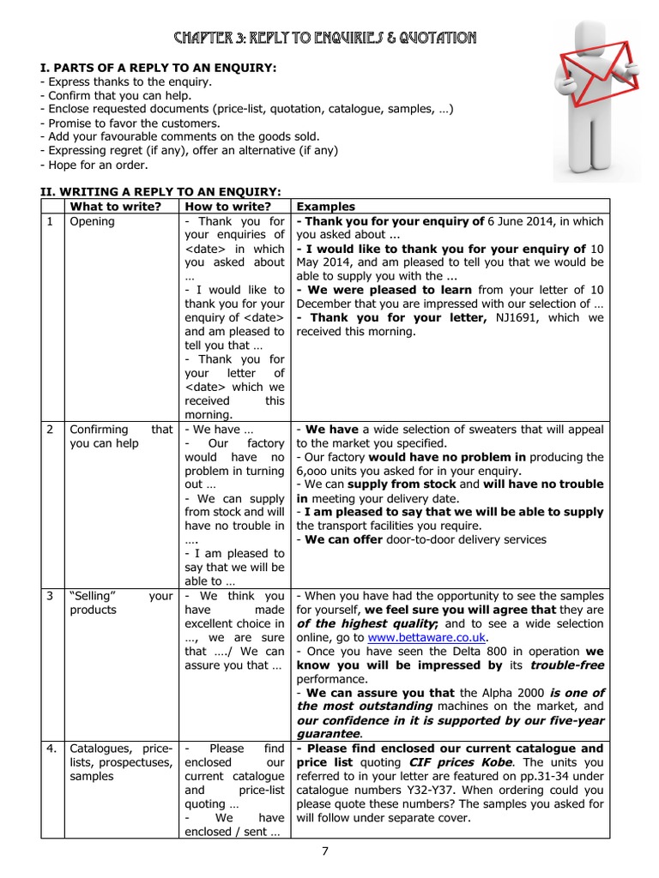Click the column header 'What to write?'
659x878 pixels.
[115, 207]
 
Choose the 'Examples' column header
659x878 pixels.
[325, 207]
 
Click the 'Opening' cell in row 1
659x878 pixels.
[92, 221]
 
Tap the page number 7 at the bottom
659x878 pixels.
[325, 851]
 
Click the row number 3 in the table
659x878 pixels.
[50, 596]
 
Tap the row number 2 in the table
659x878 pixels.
[50, 429]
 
